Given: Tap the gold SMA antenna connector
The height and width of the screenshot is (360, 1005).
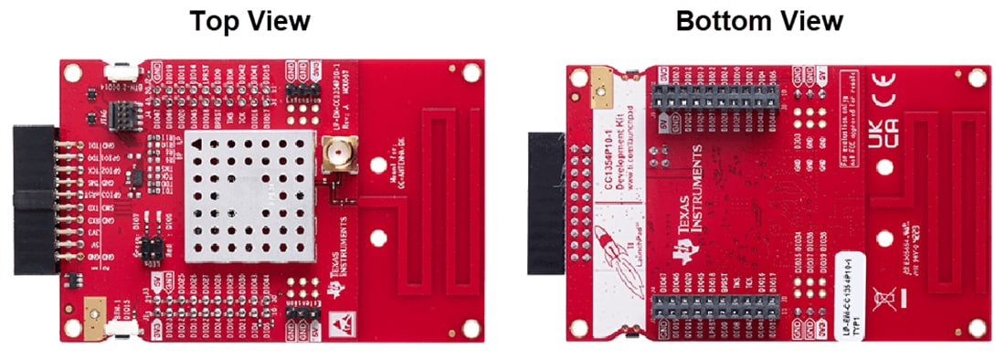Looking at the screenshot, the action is [x=333, y=157].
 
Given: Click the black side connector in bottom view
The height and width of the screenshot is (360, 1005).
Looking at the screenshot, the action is [x=548, y=201].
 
